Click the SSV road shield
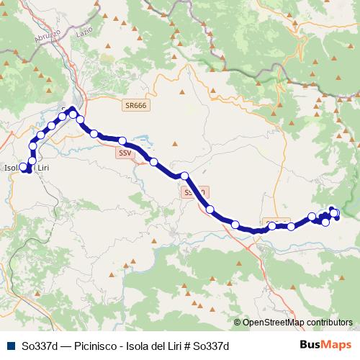point(125,153)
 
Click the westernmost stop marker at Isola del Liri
point(23,168)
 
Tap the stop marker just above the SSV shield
point(123,141)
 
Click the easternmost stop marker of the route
point(336,214)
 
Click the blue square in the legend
point(10,345)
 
